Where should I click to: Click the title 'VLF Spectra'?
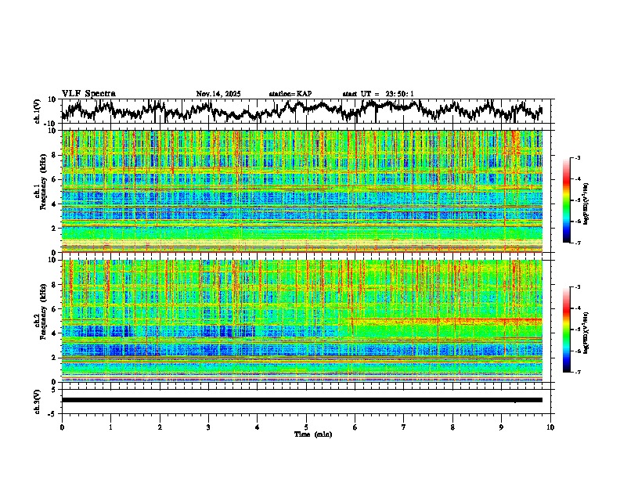[x=88, y=94]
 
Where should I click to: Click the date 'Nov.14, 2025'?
[x=218, y=94]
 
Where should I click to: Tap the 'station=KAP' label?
[x=290, y=94]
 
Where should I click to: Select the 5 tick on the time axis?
[x=306, y=427]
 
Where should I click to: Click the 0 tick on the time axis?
[x=62, y=427]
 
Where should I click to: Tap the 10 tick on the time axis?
[x=550, y=427]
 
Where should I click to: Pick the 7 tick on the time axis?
[x=404, y=427]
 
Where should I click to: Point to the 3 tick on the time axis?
[x=208, y=427]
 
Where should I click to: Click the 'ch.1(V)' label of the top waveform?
[x=38, y=111]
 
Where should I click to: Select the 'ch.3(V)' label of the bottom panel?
[x=38, y=400]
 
